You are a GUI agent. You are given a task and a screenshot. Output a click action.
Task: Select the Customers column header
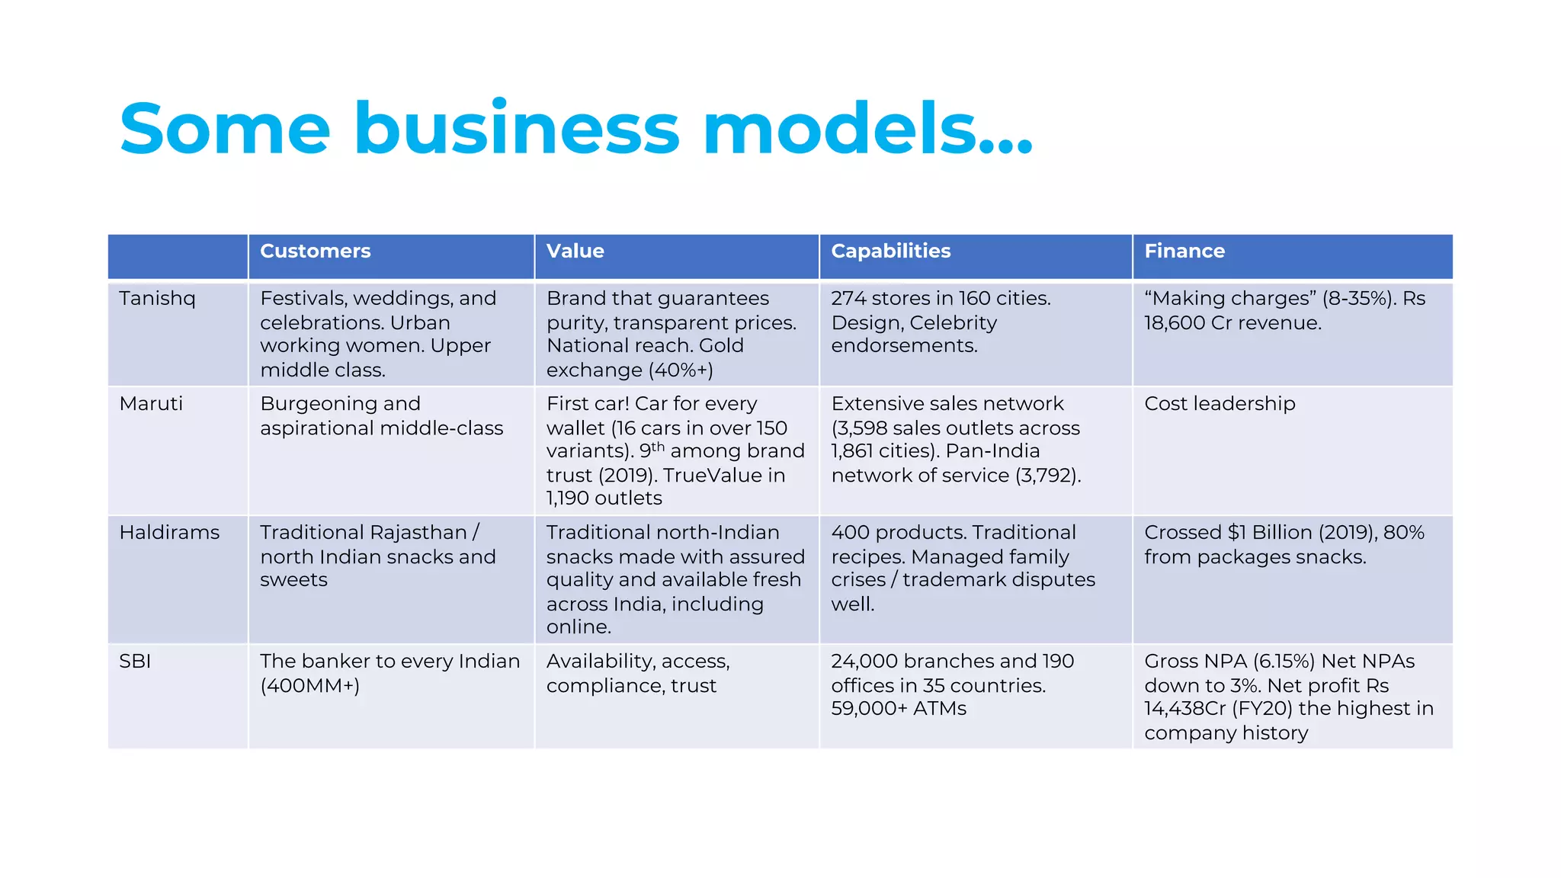coord(315,251)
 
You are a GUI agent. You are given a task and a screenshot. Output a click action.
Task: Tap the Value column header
coord(575,251)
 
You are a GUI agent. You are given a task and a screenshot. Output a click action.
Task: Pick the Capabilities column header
coord(890,251)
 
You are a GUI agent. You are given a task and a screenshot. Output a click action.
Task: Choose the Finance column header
coord(1184,251)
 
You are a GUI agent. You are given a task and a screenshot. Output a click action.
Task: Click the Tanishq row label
coord(157,298)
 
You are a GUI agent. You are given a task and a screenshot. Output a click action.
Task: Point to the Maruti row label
coord(151,403)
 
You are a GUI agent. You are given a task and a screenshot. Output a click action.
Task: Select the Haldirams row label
coord(169,532)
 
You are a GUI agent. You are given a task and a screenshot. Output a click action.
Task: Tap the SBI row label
coord(135,661)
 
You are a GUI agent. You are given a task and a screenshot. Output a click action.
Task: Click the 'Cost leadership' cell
coord(1219,403)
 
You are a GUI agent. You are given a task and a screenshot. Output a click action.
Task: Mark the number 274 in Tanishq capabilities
coord(848,298)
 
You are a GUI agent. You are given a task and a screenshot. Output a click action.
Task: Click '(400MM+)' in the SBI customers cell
coord(309,685)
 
